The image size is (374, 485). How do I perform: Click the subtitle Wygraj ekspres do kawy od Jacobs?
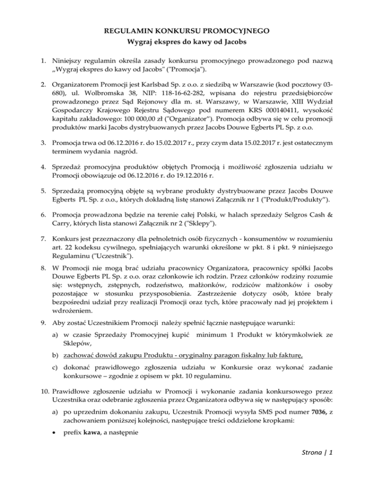click(187, 41)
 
